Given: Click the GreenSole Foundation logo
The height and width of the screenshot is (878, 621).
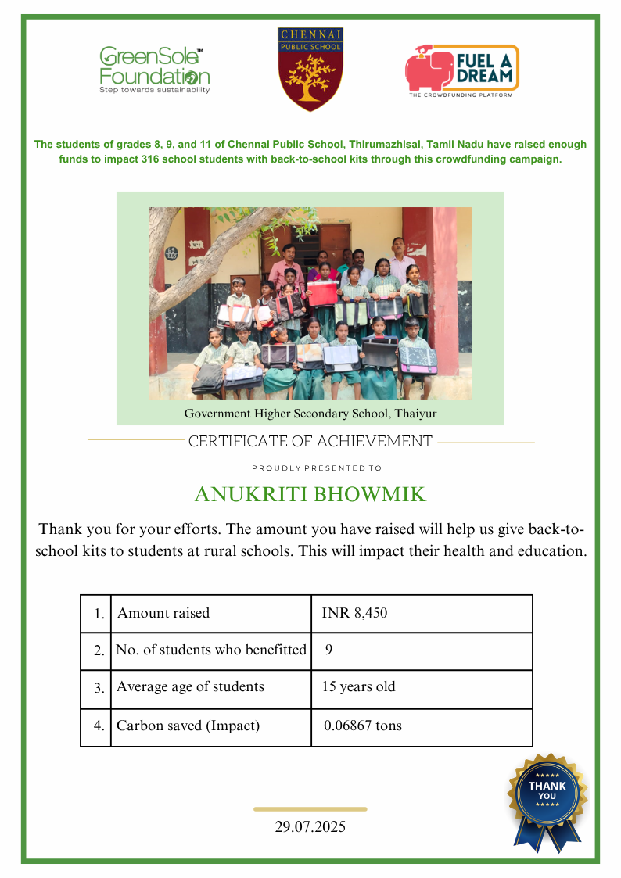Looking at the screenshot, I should [154, 70].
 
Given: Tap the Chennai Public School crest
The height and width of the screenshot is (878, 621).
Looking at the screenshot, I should [310, 69].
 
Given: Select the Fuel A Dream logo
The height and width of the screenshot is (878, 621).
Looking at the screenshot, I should [461, 70].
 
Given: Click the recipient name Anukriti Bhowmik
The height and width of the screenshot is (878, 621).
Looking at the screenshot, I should [310, 495].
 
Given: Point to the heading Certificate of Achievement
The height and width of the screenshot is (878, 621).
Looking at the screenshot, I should [310, 442].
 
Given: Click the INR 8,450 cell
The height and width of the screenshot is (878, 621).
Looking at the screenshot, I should [354, 614].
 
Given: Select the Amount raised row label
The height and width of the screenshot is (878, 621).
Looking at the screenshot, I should [163, 614].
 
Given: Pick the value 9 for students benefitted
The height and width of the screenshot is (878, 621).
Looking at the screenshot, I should [329, 650].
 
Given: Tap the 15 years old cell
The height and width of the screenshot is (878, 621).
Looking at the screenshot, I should [358, 688].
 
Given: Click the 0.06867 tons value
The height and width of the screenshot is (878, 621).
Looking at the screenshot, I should [362, 726].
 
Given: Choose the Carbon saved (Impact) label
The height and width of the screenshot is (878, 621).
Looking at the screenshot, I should [188, 726].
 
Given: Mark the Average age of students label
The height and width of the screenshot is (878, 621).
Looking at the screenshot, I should [190, 688].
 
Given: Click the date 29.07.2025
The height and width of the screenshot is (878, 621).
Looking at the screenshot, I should [310, 827].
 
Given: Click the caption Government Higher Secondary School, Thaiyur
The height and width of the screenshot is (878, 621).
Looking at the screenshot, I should [310, 413].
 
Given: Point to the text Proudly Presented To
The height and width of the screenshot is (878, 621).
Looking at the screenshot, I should [317, 468].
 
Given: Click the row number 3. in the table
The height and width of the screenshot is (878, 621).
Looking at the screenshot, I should [99, 689].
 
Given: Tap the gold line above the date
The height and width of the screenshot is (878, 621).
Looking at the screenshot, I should [310, 809].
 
